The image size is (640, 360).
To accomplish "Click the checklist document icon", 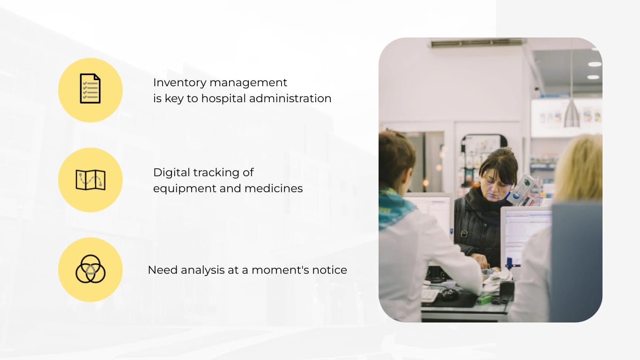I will [90, 89].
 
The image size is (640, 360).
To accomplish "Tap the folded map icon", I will [90, 180].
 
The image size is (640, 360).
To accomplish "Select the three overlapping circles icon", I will [90, 269].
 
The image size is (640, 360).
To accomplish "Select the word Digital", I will [170, 172].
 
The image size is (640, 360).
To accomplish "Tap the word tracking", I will [217, 173].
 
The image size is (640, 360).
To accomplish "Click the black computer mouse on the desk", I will [449, 294].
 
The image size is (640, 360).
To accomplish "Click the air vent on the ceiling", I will [476, 43].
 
